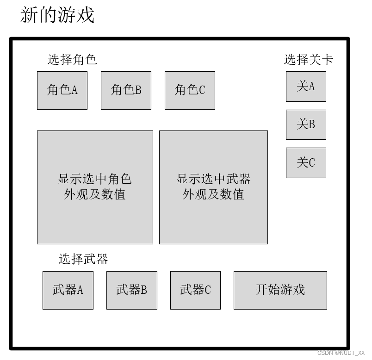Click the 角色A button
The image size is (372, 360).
[62, 90]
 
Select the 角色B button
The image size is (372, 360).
[126, 90]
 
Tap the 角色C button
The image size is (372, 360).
[190, 90]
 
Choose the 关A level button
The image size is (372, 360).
[306, 87]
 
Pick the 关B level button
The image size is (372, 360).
[306, 124]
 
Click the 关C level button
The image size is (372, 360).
[306, 163]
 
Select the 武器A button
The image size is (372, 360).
[68, 290]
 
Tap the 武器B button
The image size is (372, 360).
[132, 290]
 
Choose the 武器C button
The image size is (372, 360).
[195, 290]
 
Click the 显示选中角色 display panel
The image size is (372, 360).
[95, 187]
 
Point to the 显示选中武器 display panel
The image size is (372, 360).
[213, 187]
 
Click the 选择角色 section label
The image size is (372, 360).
[72, 60]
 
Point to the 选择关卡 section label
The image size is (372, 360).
[308, 60]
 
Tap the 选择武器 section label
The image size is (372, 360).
[83, 259]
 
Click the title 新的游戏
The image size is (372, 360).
[57, 15]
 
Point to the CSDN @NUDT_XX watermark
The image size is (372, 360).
[341, 353]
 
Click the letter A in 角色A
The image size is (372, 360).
[74, 90]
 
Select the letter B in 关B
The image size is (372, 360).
[312, 124]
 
